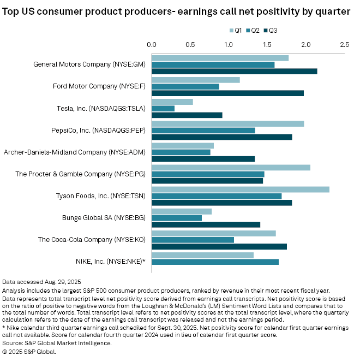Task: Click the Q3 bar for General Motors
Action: pyautogui.click(x=234, y=71)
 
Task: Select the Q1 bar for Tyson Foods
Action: pyautogui.click(x=240, y=189)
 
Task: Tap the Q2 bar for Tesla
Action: pyautogui.click(x=163, y=108)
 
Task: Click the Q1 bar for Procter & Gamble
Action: pyautogui.click(x=231, y=167)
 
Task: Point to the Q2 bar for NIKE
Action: pyautogui.click(x=215, y=262)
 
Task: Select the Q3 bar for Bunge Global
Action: pyautogui.click(x=206, y=224)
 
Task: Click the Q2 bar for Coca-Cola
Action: pyautogui.click(x=193, y=240)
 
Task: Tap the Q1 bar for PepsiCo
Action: pyautogui.click(x=227, y=123)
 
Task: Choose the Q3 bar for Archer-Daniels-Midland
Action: pyautogui.click(x=203, y=159)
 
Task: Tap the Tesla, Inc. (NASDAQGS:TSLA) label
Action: pyautogui.click(x=101, y=108)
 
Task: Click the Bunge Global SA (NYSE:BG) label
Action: pyautogui.click(x=106, y=217)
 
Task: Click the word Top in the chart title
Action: pyautogui.click(x=12, y=11)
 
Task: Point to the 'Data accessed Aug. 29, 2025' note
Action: pyautogui.click(x=38, y=282)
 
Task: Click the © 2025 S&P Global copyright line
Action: pyautogui.click(x=29, y=351)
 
